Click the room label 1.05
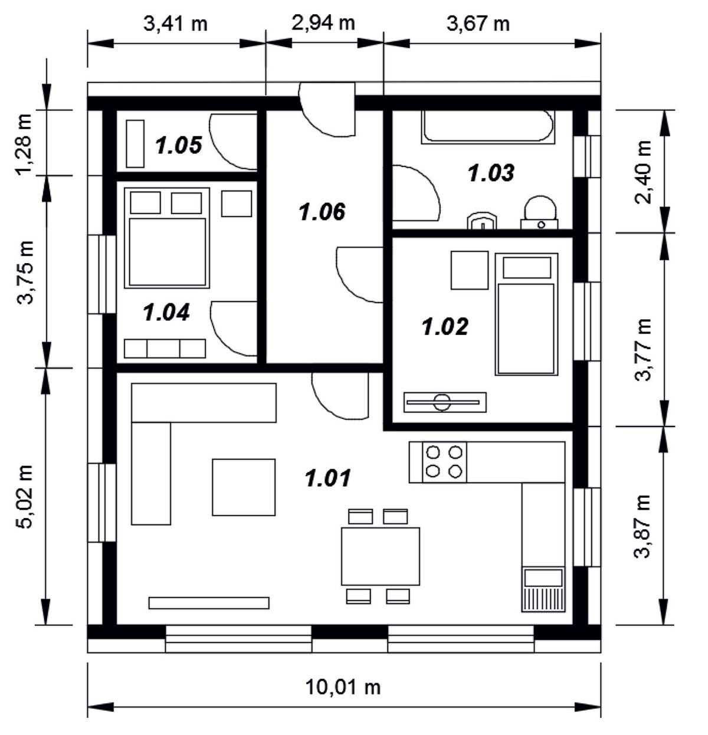tap(179, 146)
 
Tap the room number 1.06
tap(322, 212)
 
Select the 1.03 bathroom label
tap(491, 173)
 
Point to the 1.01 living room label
tap(328, 478)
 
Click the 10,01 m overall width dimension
tap(343, 687)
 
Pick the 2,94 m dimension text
tap(323, 24)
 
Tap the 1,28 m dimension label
tap(24, 145)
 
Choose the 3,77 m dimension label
tap(643, 350)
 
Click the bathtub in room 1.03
tap(488, 127)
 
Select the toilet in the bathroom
tap(539, 212)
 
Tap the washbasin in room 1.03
tap(481, 221)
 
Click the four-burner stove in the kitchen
tap(444, 462)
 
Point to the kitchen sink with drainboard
tap(543, 589)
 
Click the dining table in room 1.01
tap(381, 556)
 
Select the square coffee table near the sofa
tap(244, 487)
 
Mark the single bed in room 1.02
tap(526, 314)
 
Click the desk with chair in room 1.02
tap(445, 402)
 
